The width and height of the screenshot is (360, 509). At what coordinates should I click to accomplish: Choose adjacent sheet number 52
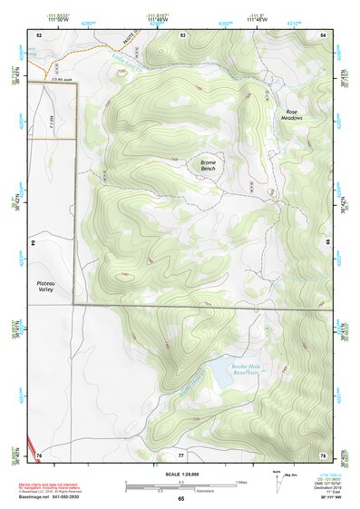coord(39,34)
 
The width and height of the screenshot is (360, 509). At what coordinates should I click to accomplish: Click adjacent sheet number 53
coord(182,34)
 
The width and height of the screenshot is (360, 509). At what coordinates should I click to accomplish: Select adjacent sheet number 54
coord(323,34)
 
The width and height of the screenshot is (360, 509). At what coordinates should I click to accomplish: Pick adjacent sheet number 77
coord(181,454)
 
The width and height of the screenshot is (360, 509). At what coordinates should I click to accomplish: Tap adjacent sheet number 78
coord(323,454)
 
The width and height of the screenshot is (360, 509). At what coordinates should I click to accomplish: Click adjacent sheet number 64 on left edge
coord(33,244)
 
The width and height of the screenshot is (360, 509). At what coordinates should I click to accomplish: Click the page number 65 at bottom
coord(180,498)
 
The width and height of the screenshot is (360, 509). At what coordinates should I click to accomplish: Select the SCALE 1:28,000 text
coord(180,474)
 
